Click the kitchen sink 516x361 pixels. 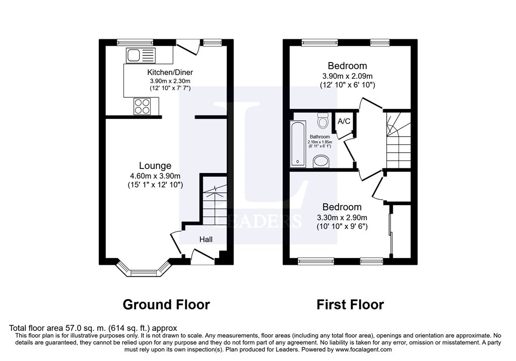tap(141, 55)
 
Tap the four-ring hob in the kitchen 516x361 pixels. tap(142, 106)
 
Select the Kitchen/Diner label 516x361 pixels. tap(170, 72)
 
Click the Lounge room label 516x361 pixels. tap(155, 166)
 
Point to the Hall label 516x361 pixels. tap(206, 239)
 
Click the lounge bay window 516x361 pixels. tap(144, 268)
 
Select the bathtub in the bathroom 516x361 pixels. tap(298, 144)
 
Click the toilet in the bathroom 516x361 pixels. tap(323, 121)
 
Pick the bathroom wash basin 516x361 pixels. tap(321, 161)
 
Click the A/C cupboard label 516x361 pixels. tap(344, 121)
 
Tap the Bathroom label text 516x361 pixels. tap(320, 137)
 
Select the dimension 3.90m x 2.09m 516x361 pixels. tap(348, 76)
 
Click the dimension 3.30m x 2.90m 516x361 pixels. tap(342, 217)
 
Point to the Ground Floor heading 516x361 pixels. tap(166, 305)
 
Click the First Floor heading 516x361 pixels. tap(350, 305)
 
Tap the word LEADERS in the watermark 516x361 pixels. tap(258, 221)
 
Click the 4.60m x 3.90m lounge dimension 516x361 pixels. tap(155, 176)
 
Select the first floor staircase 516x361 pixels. tap(398, 141)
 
